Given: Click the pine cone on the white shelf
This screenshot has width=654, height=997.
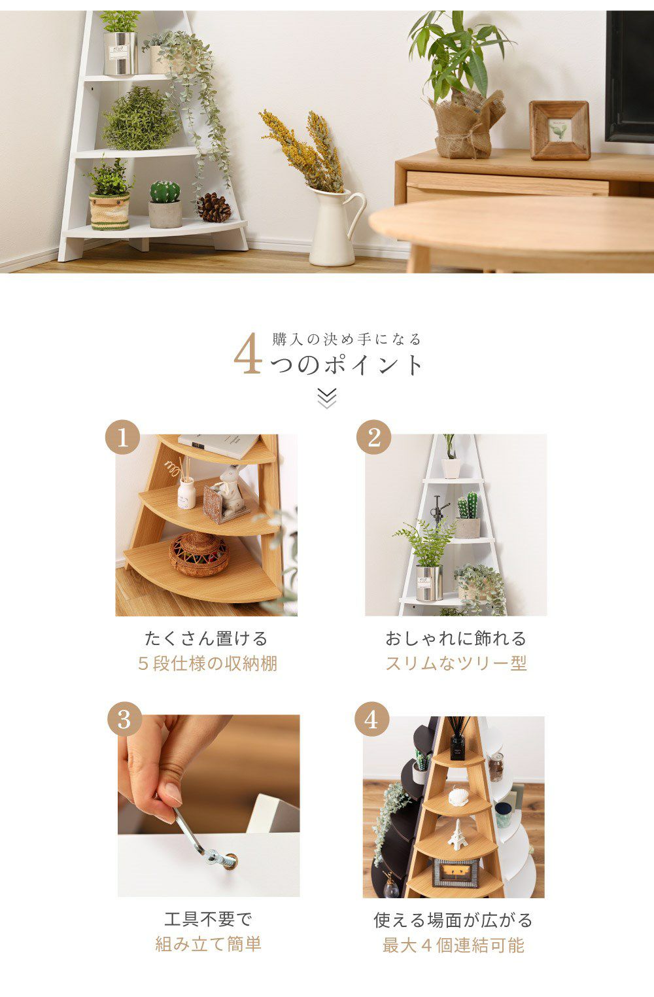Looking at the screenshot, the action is [214, 207].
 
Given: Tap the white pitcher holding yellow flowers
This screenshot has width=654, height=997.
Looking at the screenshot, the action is [334, 227].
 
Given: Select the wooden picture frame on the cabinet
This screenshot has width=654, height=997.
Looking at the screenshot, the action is [560, 130].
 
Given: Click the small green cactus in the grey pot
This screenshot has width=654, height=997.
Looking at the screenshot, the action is [165, 192].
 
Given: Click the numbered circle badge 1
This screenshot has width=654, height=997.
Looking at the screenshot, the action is [123, 437].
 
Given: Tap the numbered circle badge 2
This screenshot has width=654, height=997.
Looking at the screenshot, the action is [373, 437].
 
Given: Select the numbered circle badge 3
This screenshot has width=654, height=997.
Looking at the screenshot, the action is [124, 720].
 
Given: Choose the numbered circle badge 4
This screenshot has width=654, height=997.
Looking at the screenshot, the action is [372, 720].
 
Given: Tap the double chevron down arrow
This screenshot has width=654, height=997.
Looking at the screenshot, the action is [327, 398].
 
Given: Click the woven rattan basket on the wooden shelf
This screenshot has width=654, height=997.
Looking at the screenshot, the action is [199, 554].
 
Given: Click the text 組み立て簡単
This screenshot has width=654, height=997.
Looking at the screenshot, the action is [208, 943].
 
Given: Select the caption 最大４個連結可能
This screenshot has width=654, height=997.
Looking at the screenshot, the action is [454, 945].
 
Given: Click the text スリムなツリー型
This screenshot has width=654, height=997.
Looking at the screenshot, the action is [456, 663].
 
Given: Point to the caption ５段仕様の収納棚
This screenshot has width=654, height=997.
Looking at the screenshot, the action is [208, 663].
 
